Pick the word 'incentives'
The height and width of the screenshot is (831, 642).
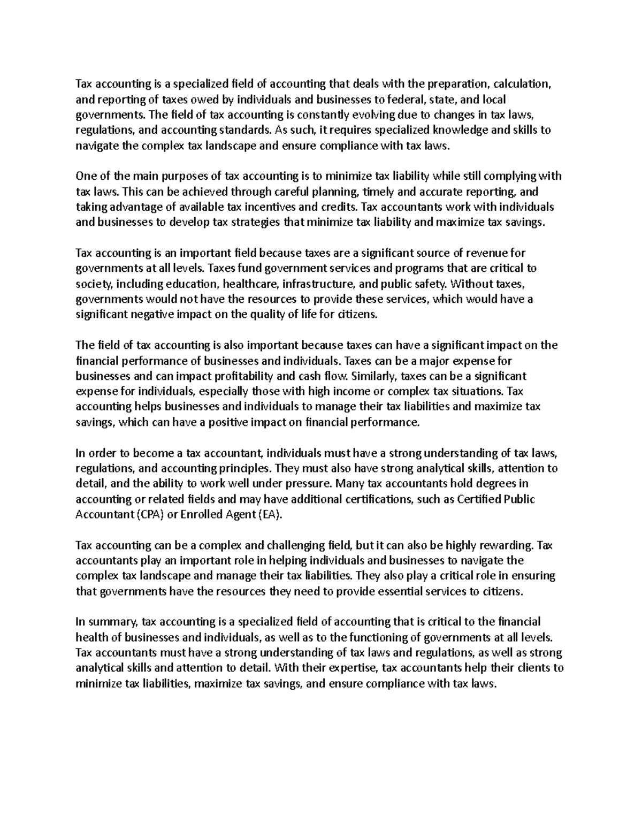(x=272, y=207)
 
